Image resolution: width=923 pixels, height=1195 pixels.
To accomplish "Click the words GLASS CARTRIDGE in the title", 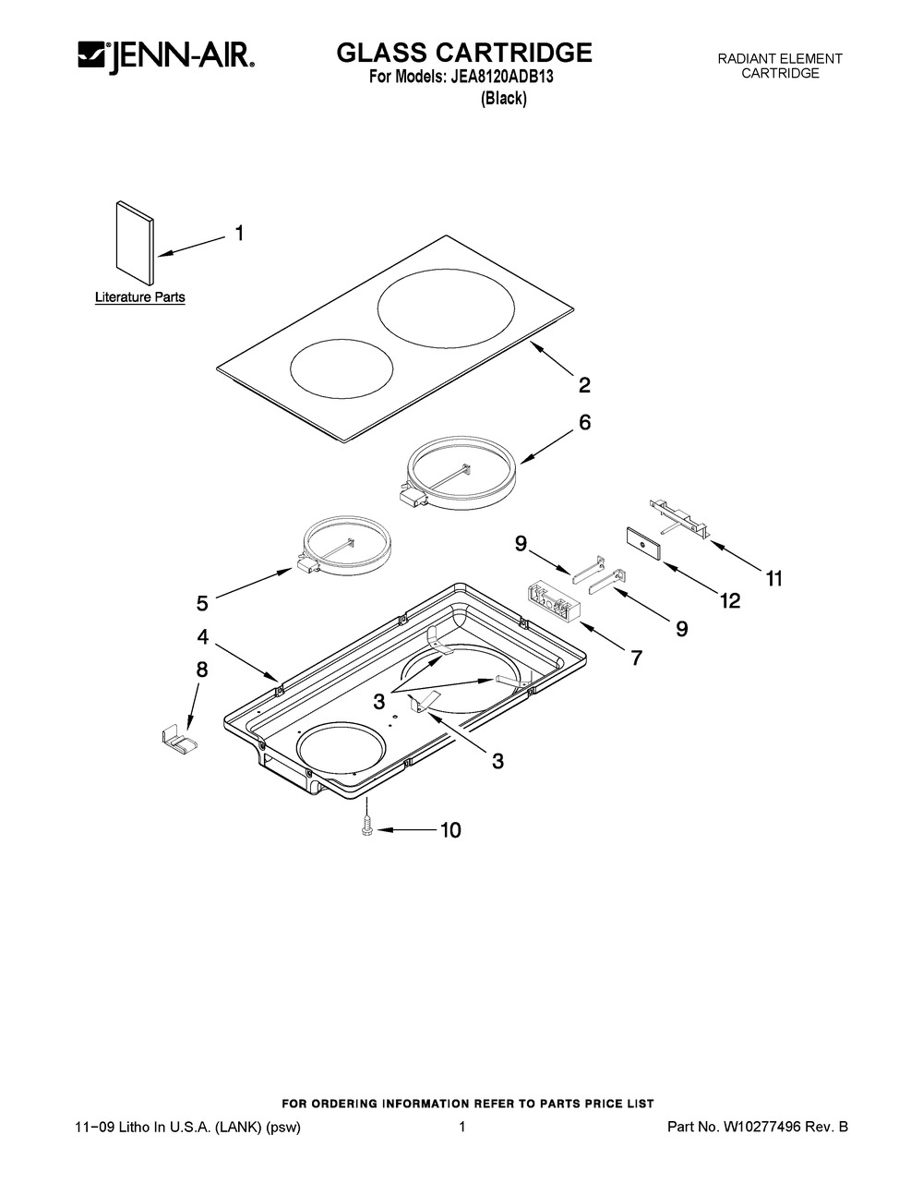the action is (464, 53).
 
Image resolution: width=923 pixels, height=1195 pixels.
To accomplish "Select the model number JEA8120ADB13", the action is (501, 77).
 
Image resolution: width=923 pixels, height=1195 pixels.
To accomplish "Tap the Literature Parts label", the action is (140, 297).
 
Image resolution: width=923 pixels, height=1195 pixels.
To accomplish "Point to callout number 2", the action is (584, 384).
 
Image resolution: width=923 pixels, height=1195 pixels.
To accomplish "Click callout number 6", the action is (584, 422).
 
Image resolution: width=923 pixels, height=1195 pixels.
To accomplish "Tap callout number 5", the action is (202, 603).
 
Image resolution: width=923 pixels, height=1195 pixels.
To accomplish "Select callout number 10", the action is (450, 830).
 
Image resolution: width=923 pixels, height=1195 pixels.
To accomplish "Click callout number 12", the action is (730, 600).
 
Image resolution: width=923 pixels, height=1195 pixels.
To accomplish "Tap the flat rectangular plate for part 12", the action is (642, 544).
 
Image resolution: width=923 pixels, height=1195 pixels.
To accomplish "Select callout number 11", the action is (773, 578).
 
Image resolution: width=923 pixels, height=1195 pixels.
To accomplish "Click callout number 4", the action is (203, 637).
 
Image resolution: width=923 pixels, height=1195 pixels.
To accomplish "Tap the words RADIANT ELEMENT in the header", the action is (780, 58).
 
